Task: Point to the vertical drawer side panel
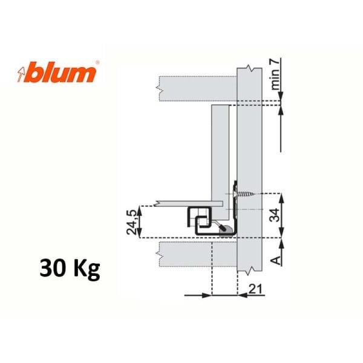[220, 151]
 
